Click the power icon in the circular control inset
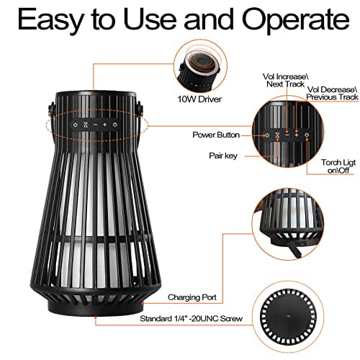click(266, 135)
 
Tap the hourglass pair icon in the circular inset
click(277, 135)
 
